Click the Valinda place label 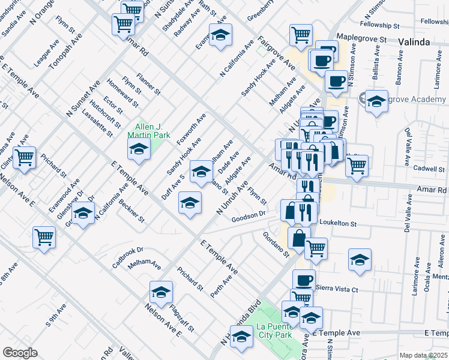[414, 42]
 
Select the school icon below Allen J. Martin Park [139, 151]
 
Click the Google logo [20, 353]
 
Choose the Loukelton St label [338, 223]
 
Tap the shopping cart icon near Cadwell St [357, 165]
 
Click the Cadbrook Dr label [128, 257]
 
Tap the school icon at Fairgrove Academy [376, 102]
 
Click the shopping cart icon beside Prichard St [25, 158]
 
